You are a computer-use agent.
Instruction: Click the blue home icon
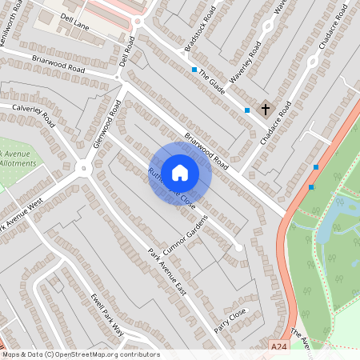pyautogui.click(x=180, y=172)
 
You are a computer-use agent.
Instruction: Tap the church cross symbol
pyautogui.click(x=266, y=108)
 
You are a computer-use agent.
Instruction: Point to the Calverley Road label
pyautogui.click(x=33, y=114)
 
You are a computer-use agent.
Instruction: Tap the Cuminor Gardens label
pyautogui.click(x=182, y=236)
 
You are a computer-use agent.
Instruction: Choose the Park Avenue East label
pyautogui.click(x=166, y=273)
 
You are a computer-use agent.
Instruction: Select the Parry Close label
pyautogui.click(x=232, y=319)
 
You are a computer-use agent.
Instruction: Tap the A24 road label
pyautogui.click(x=278, y=346)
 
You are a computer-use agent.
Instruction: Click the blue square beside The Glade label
pyautogui.click(x=194, y=70)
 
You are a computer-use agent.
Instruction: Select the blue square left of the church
pyautogui.click(x=247, y=110)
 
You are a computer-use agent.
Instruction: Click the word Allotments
pyautogui.click(x=18, y=162)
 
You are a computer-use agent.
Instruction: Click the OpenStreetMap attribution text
pyautogui.click(x=80, y=354)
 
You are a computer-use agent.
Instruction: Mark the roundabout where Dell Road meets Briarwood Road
pyautogui.click(x=118, y=77)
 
